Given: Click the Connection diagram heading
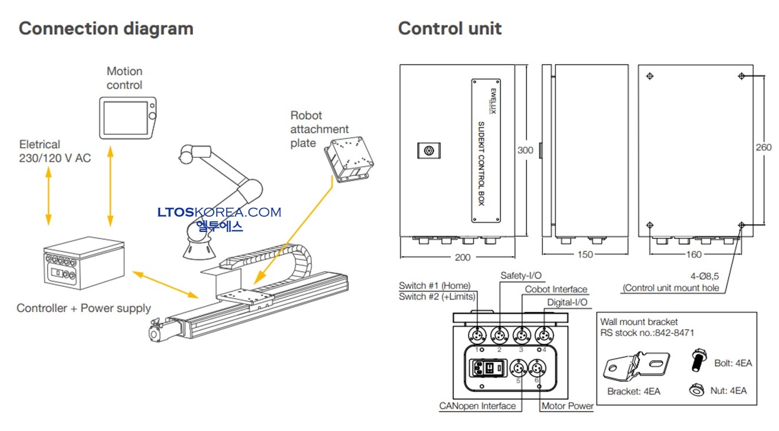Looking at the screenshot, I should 106,28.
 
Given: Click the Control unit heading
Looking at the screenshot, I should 449,28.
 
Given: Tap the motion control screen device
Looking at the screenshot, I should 127,117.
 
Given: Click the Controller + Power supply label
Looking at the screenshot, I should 84,308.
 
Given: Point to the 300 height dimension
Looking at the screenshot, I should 525,150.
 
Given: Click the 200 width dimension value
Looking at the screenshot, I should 463,257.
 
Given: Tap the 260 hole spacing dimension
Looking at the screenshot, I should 763,147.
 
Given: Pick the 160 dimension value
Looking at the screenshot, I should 694,255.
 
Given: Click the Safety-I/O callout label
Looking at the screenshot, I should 522,275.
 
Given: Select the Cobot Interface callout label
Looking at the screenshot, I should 556,289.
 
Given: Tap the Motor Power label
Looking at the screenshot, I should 568,406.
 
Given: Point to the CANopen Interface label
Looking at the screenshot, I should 477,406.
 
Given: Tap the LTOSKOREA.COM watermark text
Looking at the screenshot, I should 219,212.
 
